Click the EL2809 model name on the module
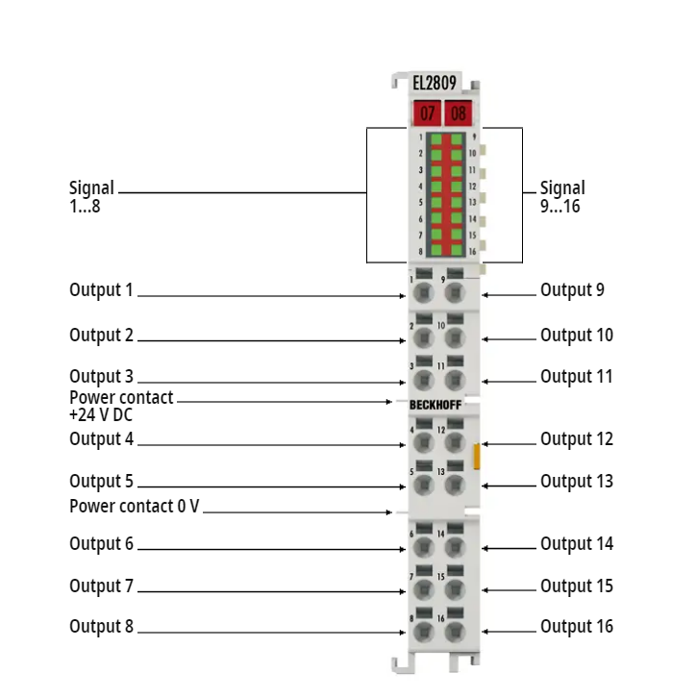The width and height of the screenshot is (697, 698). (x=428, y=83)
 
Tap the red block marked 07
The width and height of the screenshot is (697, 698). (x=427, y=113)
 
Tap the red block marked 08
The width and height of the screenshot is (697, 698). (x=459, y=113)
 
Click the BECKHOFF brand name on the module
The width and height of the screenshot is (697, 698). (x=436, y=405)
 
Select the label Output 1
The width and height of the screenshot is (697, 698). (x=102, y=289)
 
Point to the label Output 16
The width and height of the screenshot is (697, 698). (x=577, y=626)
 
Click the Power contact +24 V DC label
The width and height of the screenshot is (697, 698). (x=121, y=406)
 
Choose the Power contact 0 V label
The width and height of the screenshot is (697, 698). (x=135, y=506)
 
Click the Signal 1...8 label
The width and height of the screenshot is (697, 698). (x=91, y=197)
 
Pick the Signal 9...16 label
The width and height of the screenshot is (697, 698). (x=562, y=197)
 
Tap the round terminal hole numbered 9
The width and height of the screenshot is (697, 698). (x=455, y=293)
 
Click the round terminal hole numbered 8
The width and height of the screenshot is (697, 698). (x=423, y=632)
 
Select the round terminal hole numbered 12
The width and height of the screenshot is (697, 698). (x=455, y=443)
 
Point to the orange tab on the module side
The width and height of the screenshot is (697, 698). (x=477, y=457)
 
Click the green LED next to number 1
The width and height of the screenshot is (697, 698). (x=436, y=139)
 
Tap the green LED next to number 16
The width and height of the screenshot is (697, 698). (x=457, y=250)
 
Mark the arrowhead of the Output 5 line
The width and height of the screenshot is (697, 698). (x=403, y=487)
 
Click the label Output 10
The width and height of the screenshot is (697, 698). (x=577, y=336)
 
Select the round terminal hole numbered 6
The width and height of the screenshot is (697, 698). (x=423, y=547)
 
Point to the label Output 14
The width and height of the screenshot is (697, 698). (x=577, y=544)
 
